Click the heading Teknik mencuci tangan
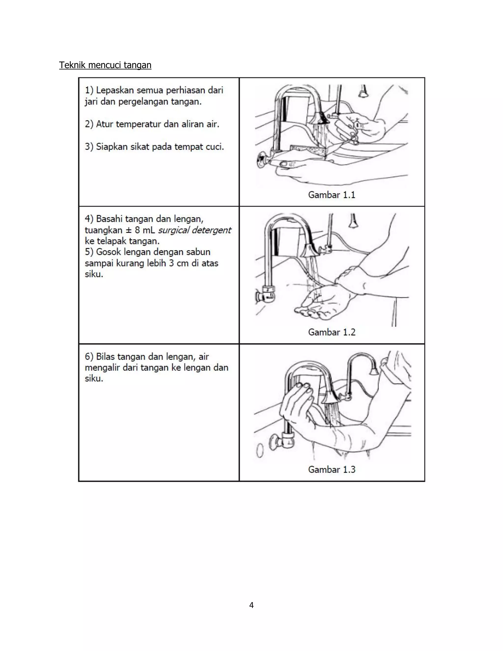click(105, 65)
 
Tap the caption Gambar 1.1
click(331, 195)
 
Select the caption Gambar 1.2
click(331, 332)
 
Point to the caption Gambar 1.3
click(331, 469)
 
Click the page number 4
click(251, 605)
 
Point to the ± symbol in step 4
click(129, 230)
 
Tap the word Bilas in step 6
click(105, 356)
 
